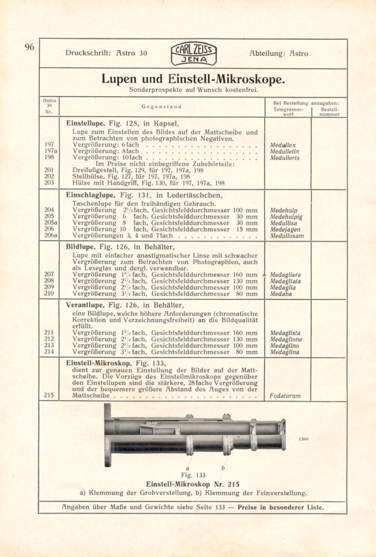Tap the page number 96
tap(29, 47)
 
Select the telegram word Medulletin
tap(284, 152)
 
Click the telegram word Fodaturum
tap(285, 396)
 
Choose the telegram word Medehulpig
tap(286, 217)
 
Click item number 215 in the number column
tap(49, 395)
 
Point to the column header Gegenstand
tap(162, 107)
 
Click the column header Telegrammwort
tap(288, 112)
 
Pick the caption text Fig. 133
tap(193, 475)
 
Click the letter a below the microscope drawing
tap(187, 468)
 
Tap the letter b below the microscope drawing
tap(223, 468)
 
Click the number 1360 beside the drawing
tap(303, 439)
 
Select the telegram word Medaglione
tap(286, 339)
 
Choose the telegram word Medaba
tap(281, 294)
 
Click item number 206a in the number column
tap(50, 235)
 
